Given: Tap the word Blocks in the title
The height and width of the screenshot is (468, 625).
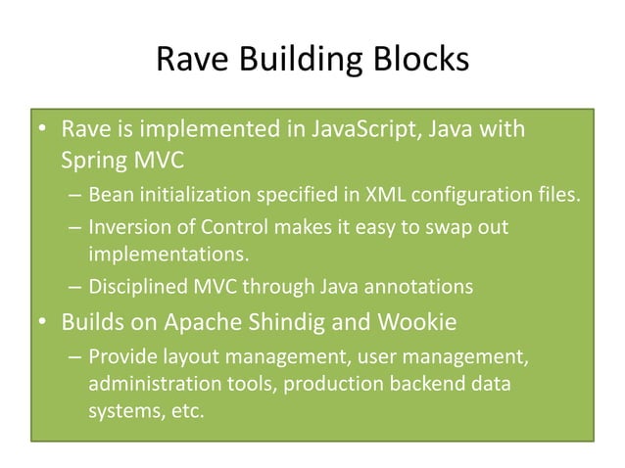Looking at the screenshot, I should click(x=415, y=62).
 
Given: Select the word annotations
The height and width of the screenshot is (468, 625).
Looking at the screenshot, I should click(x=427, y=287).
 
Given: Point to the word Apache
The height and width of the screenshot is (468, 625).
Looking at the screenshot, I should click(x=190, y=320).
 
